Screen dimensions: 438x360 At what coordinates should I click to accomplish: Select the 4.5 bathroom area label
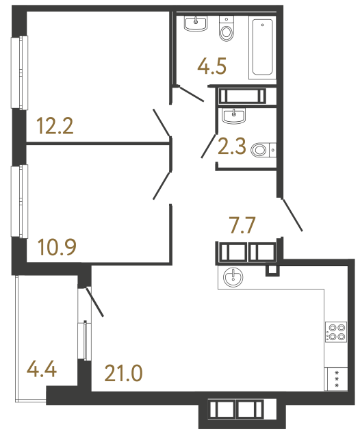(211, 66)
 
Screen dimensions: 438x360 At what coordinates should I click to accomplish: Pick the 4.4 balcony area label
(41, 374)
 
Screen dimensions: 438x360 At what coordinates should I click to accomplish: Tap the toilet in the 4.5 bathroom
(227, 29)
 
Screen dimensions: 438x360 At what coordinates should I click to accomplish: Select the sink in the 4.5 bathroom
(196, 25)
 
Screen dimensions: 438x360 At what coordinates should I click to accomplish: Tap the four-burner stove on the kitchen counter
(336, 331)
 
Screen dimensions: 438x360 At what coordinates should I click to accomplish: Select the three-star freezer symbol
(336, 379)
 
